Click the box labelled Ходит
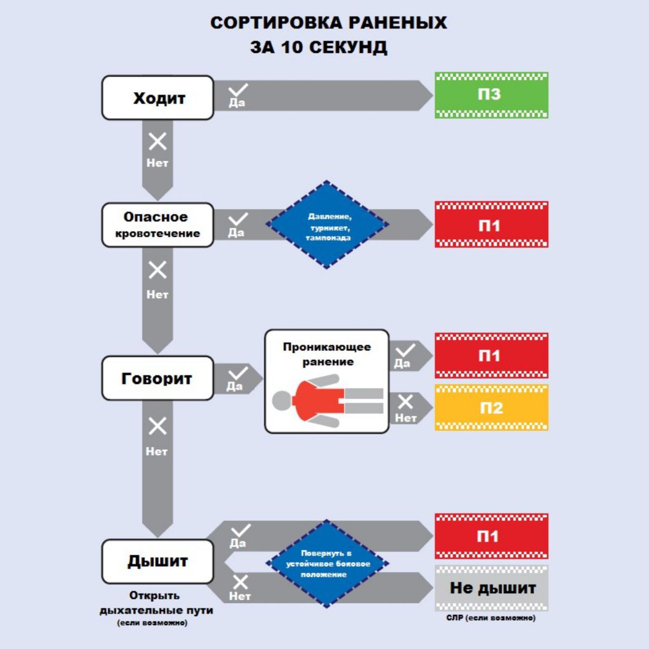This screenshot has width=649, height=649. tap(158, 98)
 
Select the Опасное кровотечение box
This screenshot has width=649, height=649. tap(158, 225)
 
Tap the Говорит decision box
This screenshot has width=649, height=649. tap(158, 378)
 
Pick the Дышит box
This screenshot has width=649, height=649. tap(158, 561)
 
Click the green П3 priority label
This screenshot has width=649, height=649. tap(491, 95)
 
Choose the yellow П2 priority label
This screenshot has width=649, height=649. tap(491, 408)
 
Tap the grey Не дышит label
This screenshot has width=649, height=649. tap(491, 588)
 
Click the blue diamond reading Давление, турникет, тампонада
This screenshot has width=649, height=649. tap(328, 225)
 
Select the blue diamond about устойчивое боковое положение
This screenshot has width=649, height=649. tap(328, 563)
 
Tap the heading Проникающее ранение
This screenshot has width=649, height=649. tap(327, 354)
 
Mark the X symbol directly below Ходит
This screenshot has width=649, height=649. tap(157, 141)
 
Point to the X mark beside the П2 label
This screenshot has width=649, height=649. tap(406, 402)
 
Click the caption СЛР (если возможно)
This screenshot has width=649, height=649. tap(491, 618)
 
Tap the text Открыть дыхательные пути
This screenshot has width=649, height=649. tap(156, 603)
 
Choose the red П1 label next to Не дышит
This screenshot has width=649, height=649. tap(491, 536)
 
